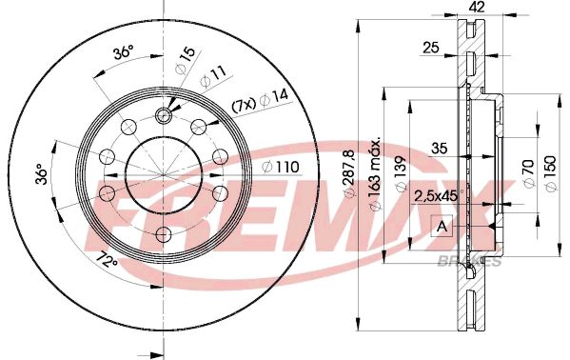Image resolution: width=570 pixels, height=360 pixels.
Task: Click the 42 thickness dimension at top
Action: pos(477,8)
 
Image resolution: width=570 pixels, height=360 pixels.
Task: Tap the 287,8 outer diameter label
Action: pos(350,176)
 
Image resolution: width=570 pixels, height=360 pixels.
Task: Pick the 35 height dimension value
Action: pos(439,148)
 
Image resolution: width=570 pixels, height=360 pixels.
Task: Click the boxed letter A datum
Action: pos(442,226)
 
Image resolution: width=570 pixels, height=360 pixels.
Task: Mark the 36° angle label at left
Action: pos(40,175)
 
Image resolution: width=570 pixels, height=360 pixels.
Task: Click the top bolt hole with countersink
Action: pos(162,115)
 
